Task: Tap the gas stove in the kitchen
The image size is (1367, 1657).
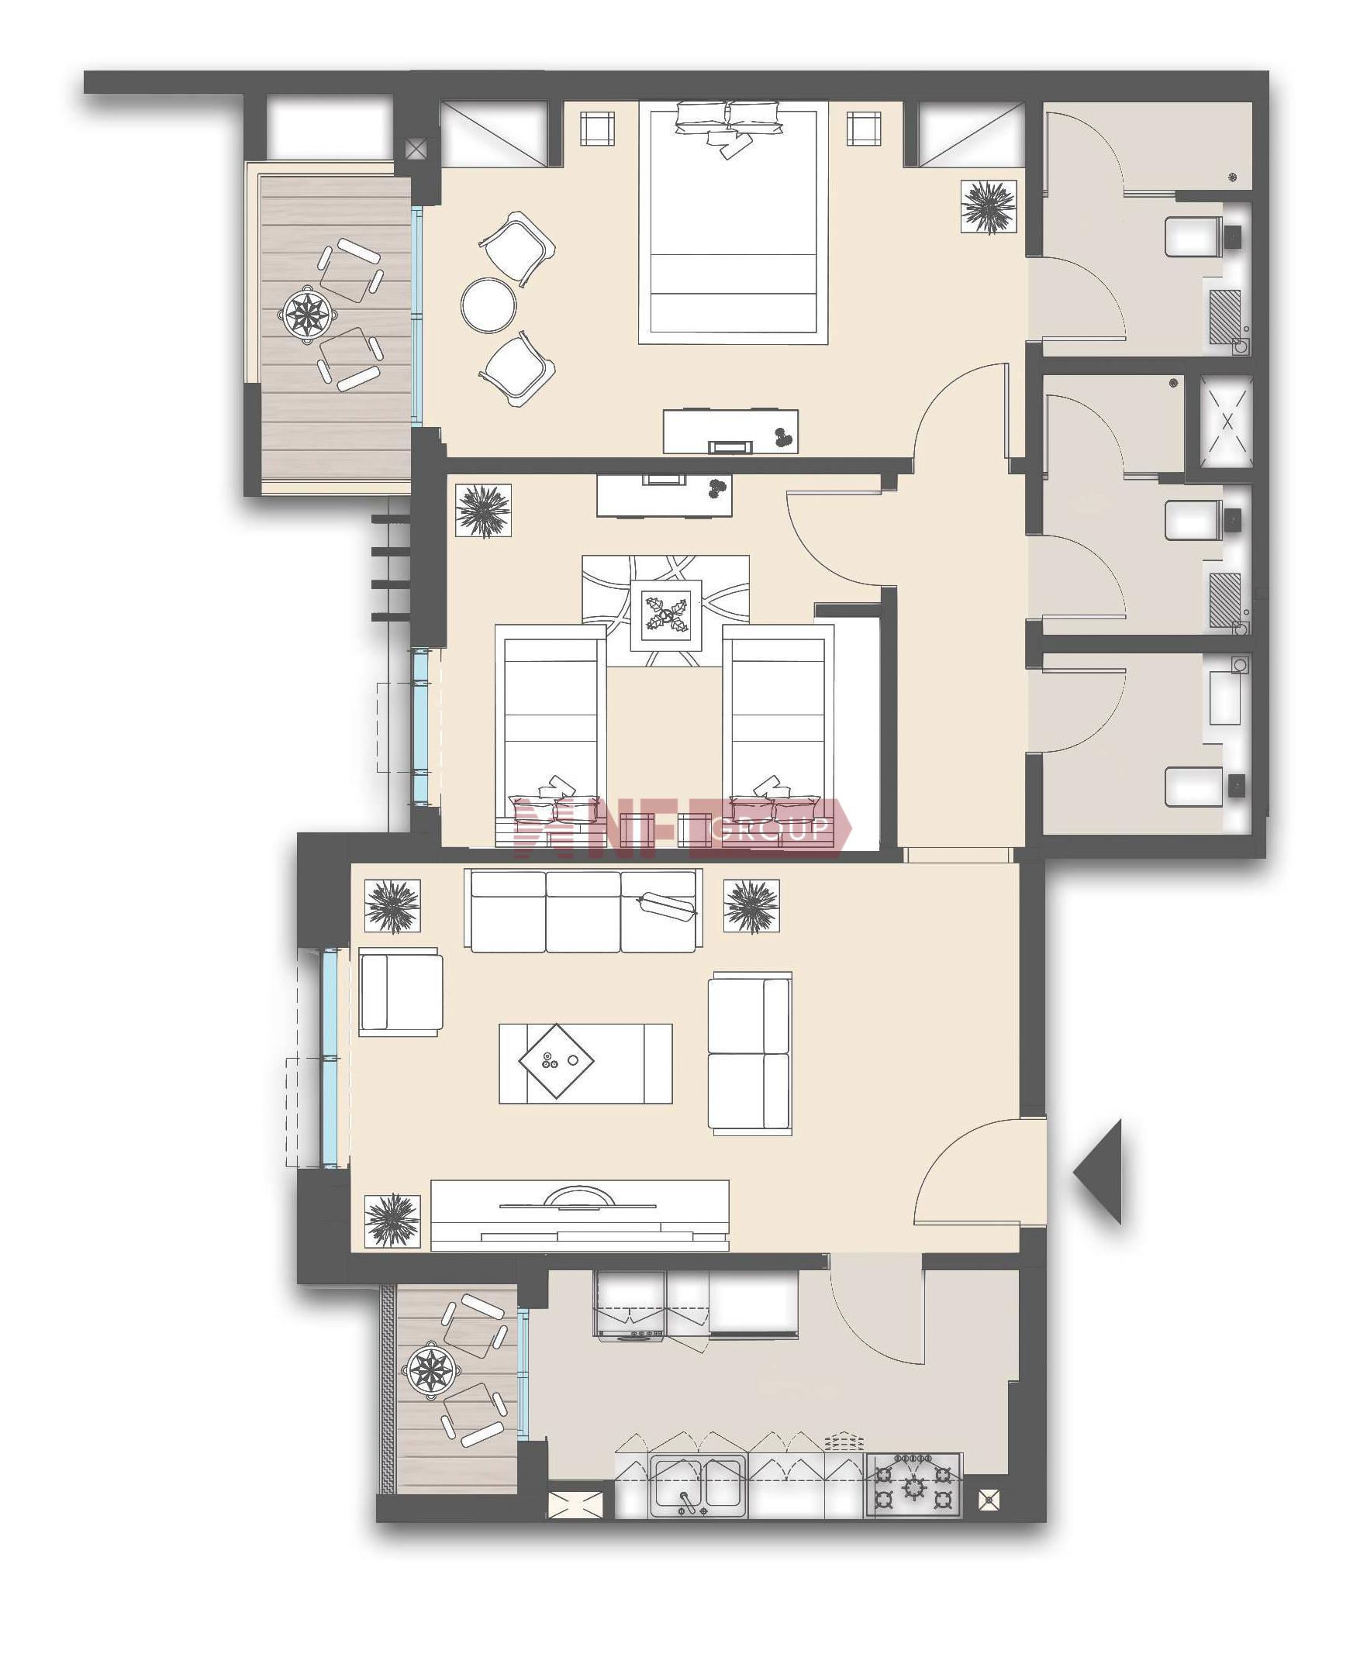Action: pos(913,1485)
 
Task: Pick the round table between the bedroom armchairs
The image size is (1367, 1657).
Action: pos(489,306)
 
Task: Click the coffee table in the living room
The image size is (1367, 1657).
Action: pos(586,1063)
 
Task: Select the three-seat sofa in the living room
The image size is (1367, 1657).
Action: pos(584,911)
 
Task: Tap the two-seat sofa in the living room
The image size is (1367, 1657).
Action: pos(750,1052)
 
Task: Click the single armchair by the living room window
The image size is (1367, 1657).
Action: pos(401,992)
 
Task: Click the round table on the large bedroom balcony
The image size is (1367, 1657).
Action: pos(306,314)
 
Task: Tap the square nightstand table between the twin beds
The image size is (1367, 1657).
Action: pos(665,615)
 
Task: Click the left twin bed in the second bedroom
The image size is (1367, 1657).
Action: pos(551,736)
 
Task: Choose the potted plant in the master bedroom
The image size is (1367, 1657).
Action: pos(989,207)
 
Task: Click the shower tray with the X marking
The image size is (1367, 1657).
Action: pos(1226,422)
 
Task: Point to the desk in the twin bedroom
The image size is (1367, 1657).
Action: pos(665,495)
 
